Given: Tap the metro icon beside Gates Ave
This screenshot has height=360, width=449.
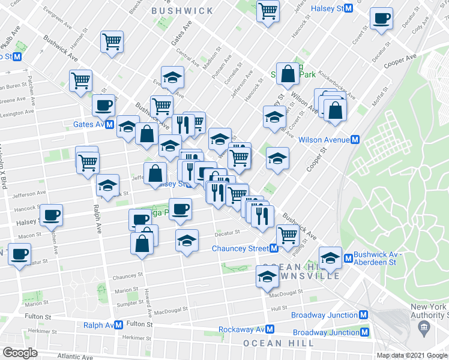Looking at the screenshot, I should [110, 125].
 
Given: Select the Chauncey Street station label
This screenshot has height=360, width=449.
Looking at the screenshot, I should [240, 248].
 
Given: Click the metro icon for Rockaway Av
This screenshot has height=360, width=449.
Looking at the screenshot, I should [270, 329].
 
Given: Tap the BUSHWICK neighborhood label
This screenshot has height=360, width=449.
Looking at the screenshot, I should [182, 11].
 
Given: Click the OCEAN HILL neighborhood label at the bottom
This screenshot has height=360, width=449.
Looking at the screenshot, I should [279, 343].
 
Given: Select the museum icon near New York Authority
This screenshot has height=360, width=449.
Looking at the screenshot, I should [424, 328].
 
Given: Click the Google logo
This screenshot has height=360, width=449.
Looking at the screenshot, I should [20, 352].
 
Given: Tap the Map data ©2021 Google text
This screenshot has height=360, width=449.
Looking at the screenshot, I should [412, 355].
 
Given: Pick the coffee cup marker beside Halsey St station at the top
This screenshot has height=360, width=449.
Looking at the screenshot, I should [381, 19].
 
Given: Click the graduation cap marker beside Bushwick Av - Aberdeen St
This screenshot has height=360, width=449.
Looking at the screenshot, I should [330, 257].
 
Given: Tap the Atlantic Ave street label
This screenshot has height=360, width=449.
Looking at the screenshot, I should [76, 356].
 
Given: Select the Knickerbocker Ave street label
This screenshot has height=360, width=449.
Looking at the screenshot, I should [337, 87].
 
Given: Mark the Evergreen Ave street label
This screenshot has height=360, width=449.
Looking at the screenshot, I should [62, 19].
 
